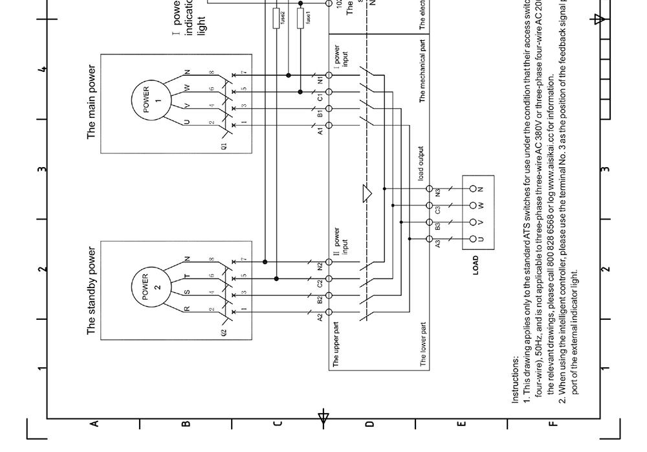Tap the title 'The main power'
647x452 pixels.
pyautogui.click(x=91, y=101)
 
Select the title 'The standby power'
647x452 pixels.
pyautogui.click(x=91, y=290)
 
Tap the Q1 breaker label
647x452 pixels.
pyautogui.click(x=224, y=146)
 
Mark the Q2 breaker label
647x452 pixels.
pyautogui.click(x=224, y=333)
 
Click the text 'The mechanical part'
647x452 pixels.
pyautogui.click(x=422, y=71)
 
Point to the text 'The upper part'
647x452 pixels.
pyautogui.click(x=336, y=343)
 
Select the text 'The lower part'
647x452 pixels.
pyautogui.click(x=423, y=345)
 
